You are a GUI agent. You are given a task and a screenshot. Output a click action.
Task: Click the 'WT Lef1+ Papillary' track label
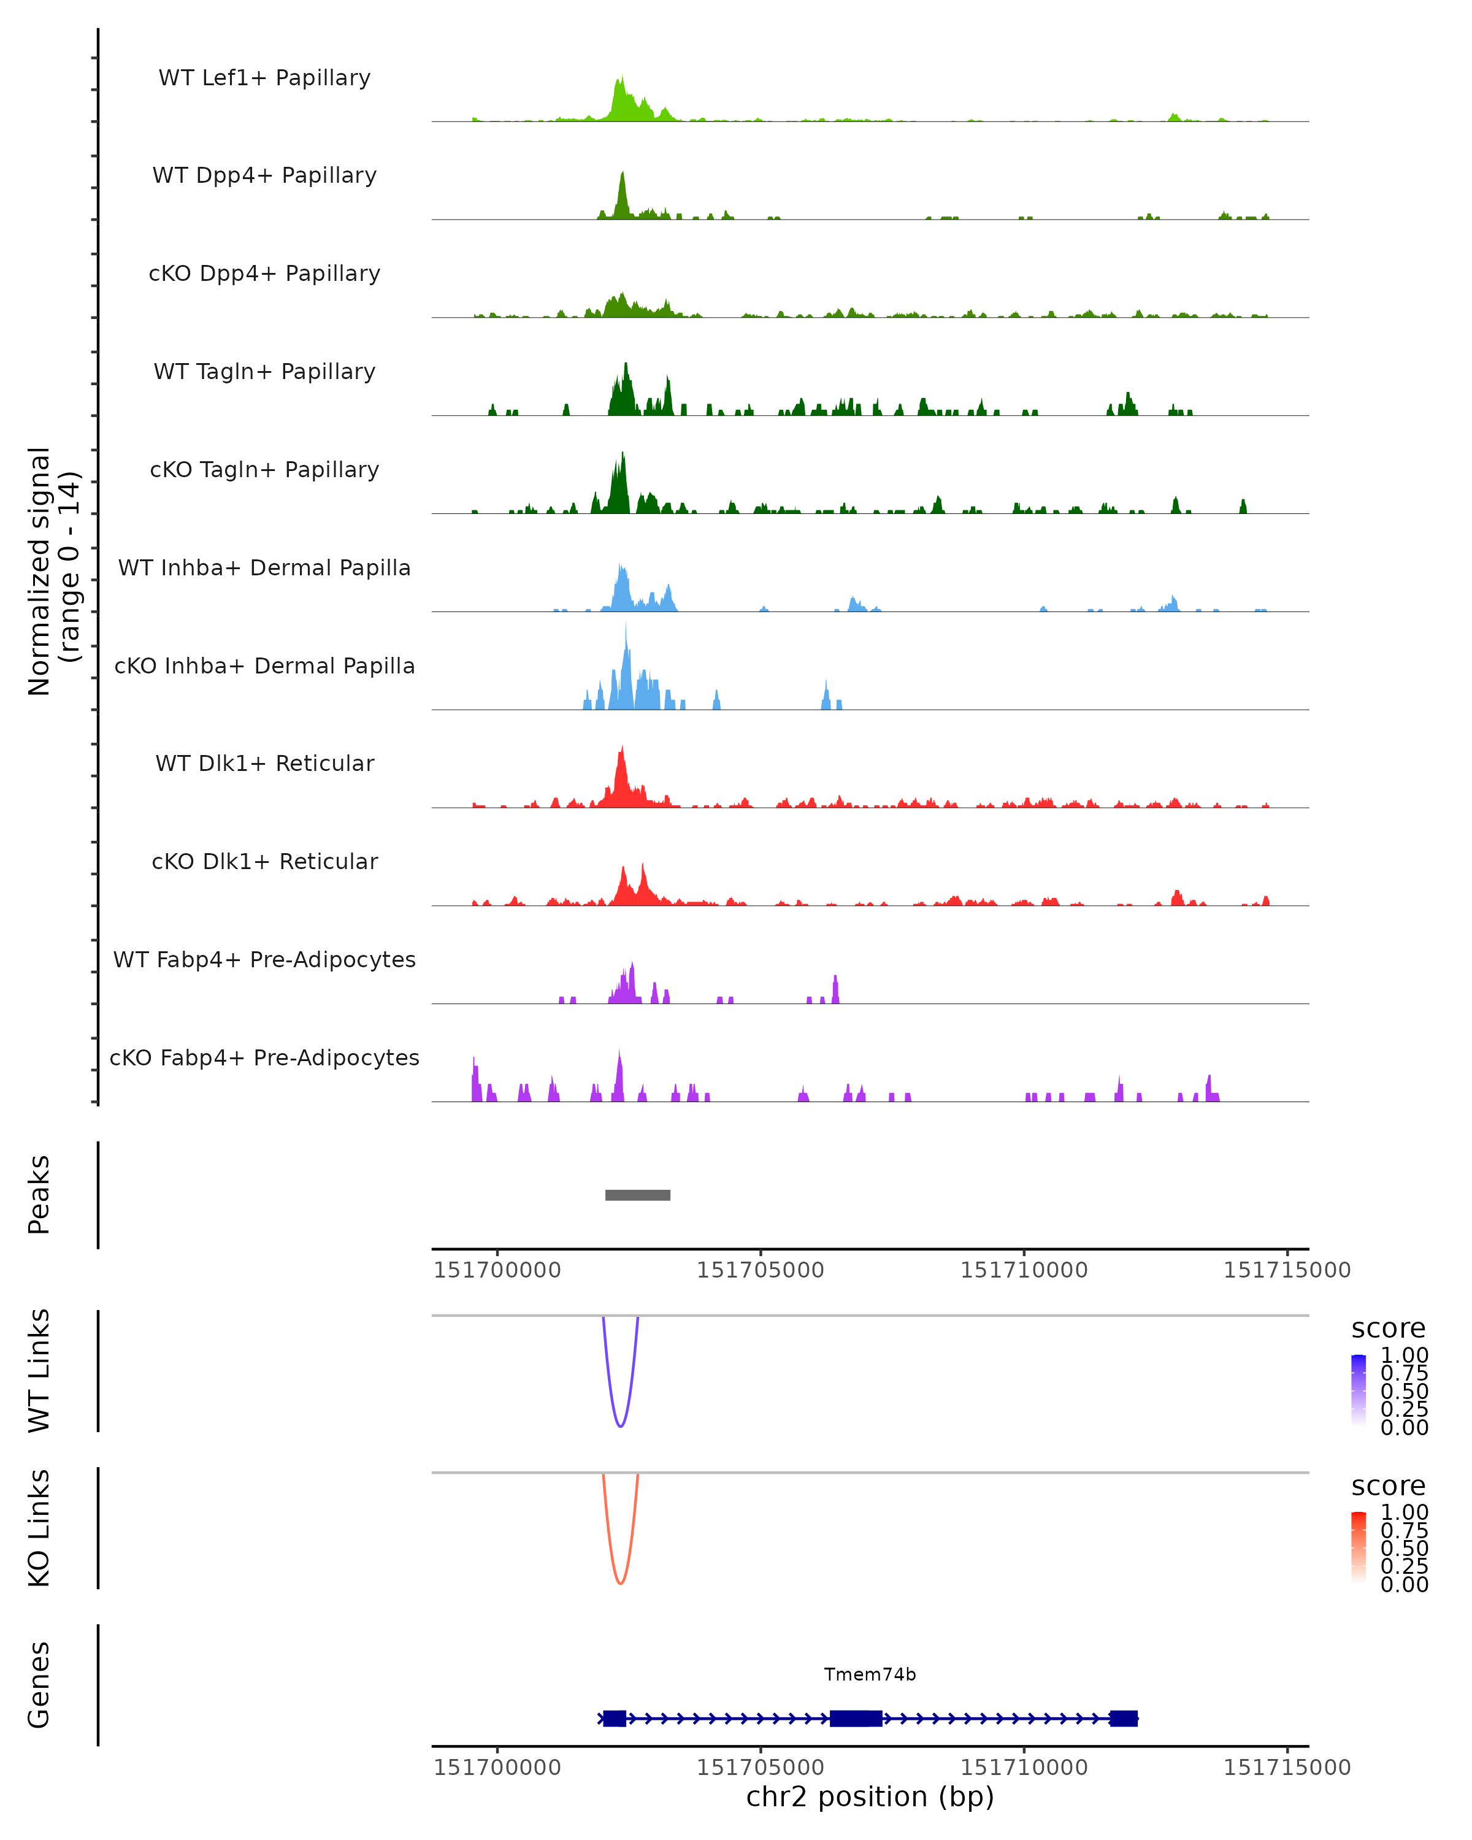tap(264, 78)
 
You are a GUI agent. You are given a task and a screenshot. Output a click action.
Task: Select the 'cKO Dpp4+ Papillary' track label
tap(264, 273)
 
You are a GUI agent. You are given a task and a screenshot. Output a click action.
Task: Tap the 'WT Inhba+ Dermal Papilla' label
tap(264, 567)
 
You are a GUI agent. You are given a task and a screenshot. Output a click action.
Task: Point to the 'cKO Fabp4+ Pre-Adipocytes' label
tap(264, 1057)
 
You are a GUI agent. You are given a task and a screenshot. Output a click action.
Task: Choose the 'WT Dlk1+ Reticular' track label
tap(264, 763)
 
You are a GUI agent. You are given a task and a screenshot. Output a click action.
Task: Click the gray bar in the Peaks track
tap(637, 1195)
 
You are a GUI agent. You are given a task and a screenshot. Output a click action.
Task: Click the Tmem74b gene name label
tap(870, 1674)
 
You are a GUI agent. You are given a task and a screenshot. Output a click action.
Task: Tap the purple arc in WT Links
tap(620, 1425)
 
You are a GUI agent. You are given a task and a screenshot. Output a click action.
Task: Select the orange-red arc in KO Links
tap(620, 1583)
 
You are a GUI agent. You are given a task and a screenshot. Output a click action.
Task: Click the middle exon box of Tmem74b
tap(856, 1718)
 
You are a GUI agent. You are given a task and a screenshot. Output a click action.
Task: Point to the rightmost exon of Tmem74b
tap(1124, 1718)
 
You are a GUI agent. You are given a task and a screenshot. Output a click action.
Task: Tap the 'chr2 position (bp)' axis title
tap(870, 1796)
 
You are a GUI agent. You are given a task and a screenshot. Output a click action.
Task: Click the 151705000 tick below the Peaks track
tap(761, 1270)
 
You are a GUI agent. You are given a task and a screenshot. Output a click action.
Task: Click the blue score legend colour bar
tap(1359, 1389)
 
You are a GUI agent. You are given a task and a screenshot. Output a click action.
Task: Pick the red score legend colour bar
tap(1359, 1546)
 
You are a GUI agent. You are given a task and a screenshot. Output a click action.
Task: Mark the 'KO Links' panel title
tap(39, 1528)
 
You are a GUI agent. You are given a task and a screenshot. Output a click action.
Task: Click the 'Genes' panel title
tap(39, 1685)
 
